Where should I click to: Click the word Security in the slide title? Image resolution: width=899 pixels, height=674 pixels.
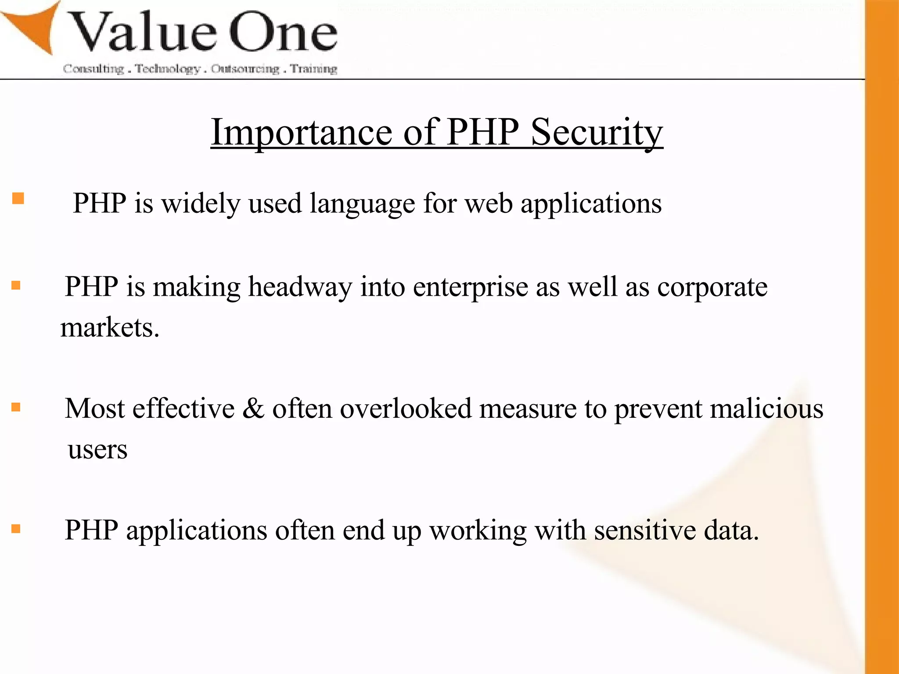(597, 133)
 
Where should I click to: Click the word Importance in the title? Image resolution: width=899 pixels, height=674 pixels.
(302, 133)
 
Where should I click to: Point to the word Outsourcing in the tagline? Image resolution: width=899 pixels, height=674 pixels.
(245, 69)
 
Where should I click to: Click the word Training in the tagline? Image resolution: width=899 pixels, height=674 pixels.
(313, 69)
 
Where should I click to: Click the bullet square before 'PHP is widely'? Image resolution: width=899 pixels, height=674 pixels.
(18, 199)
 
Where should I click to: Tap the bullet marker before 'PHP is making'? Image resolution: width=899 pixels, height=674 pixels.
(16, 286)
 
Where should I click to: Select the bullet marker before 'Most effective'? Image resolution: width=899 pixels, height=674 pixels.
(16, 407)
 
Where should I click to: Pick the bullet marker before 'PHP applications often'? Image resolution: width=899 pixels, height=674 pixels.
(16, 529)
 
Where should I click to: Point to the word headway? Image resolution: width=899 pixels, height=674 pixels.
(300, 287)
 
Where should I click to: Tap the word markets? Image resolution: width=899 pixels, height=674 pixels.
(110, 328)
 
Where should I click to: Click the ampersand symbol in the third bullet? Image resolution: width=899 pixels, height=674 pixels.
(253, 409)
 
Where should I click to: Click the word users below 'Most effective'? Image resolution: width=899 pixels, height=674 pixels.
(97, 450)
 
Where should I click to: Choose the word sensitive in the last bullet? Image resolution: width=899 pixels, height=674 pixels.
(645, 531)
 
